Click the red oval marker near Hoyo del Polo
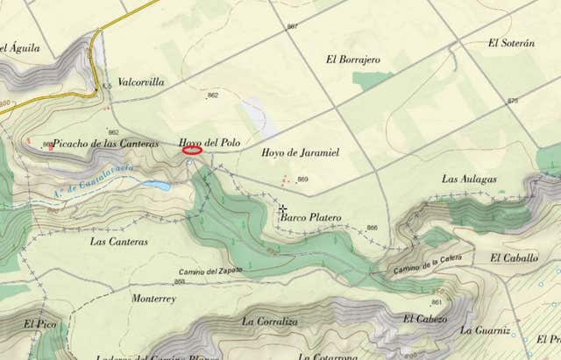pyautogui.click(x=192, y=151)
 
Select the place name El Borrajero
pyautogui.click(x=352, y=60)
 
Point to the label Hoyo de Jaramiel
pyautogui.click(x=301, y=152)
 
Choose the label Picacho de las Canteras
pyautogui.click(x=105, y=144)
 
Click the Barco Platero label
pyautogui.click(x=311, y=217)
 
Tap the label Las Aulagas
pyautogui.click(x=469, y=179)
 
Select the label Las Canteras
pyautogui.click(x=119, y=241)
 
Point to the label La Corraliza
pyautogui.click(x=270, y=321)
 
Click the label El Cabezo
pyautogui.click(x=425, y=319)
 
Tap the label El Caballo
pyautogui.click(x=515, y=258)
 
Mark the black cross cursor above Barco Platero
pyautogui.click(x=282, y=209)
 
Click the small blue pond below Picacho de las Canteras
pyautogui.click(x=157, y=186)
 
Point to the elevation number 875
pyautogui.click(x=513, y=102)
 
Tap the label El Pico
pyautogui.click(x=40, y=324)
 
